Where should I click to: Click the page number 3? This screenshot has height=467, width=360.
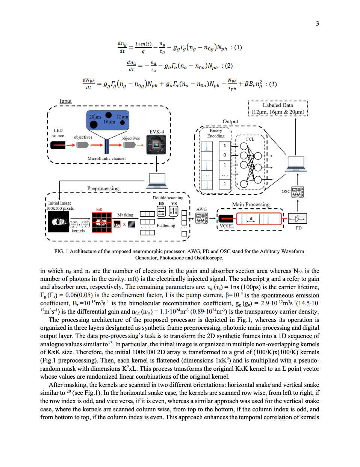click(317, 24)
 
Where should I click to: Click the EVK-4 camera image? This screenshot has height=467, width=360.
click(156, 145)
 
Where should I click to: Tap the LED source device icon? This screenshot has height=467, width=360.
click(58, 145)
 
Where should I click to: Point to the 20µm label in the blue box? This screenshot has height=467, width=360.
click(95, 117)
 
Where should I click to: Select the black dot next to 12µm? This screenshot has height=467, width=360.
click(123, 123)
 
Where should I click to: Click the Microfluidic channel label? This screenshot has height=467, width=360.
click(106, 159)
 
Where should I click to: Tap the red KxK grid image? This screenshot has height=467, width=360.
click(102, 222)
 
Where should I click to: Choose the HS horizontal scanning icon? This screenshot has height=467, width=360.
click(161, 211)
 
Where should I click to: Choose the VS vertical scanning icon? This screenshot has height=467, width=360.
click(174, 211)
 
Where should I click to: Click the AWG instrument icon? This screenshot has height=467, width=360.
click(202, 218)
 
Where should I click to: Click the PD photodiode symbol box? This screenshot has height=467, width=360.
click(297, 218)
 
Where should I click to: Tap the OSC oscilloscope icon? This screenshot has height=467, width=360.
click(298, 192)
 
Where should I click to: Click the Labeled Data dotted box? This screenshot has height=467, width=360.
click(278, 108)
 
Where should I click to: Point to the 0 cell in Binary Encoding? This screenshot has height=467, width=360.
click(225, 155)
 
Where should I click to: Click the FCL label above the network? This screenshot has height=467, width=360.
click(250, 139)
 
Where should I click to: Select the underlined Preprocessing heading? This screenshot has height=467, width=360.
click(103, 188)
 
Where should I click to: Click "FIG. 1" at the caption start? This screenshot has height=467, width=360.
click(61, 251)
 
